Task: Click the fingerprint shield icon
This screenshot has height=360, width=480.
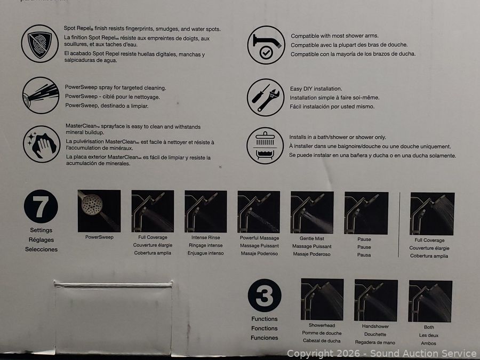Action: point(40,44)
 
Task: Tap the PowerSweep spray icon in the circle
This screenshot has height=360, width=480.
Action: point(41,95)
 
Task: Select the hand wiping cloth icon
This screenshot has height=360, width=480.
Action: point(42,144)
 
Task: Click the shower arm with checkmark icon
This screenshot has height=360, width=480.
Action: point(266,45)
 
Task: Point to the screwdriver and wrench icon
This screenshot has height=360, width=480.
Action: point(266,98)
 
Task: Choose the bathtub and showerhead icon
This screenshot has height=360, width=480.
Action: point(265,146)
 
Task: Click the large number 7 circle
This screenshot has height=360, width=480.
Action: point(41,206)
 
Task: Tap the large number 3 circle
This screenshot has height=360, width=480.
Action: point(265,295)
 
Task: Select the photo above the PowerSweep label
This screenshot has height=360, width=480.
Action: point(99,211)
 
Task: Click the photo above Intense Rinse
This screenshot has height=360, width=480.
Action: point(206,212)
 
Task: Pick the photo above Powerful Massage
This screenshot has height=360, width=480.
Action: point(259,212)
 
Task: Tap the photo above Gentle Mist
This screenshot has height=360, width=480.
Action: point(312,212)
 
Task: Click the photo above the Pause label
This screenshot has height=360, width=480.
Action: point(366,213)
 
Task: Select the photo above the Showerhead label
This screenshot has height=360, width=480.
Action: point(322,299)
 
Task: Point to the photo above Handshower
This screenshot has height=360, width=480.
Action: point(376,300)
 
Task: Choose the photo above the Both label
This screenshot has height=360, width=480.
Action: point(430,301)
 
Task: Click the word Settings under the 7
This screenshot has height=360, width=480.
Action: point(41,230)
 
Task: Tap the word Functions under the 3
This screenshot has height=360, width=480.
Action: point(265,319)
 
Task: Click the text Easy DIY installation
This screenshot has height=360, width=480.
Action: point(316,89)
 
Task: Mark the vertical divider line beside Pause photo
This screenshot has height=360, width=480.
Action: point(399,225)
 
